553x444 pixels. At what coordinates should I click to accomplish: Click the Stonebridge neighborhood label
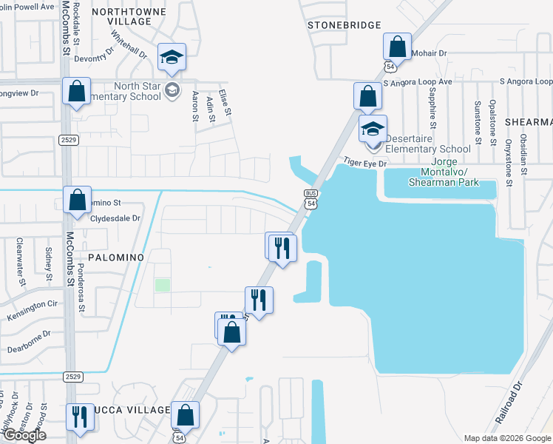click(x=339, y=24)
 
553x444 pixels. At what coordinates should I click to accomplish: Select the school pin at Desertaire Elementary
click(x=373, y=129)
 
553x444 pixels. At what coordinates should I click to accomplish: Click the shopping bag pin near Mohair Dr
click(x=397, y=47)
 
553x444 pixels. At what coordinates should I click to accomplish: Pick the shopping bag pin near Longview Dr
click(x=76, y=92)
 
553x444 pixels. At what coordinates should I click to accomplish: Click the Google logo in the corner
click(x=24, y=435)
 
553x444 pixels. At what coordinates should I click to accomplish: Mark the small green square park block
click(x=162, y=285)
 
